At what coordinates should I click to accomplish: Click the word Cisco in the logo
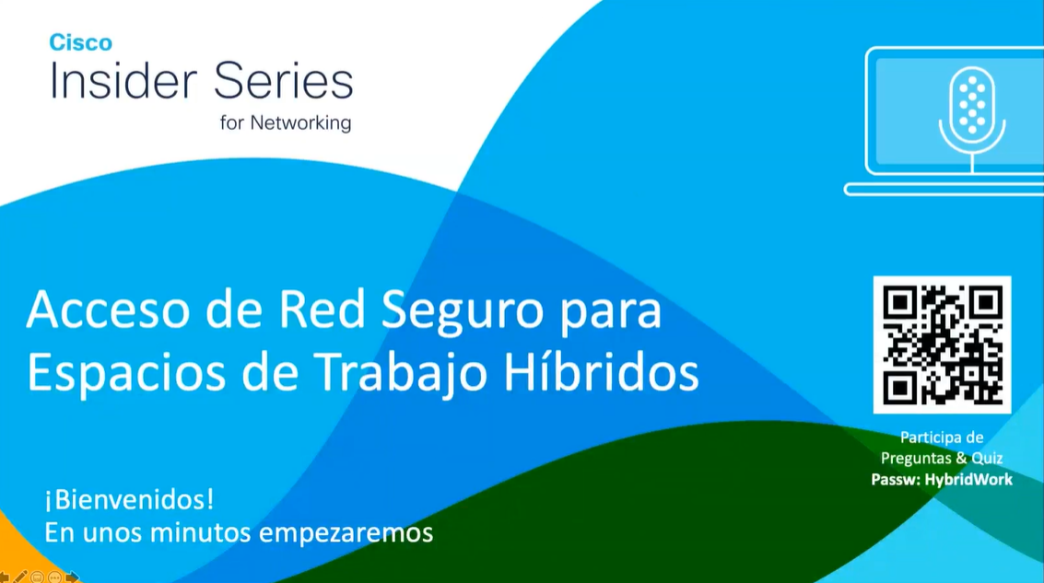coord(81,42)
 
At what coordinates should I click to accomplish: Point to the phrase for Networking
coord(286,122)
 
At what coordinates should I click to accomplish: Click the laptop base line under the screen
coord(944,189)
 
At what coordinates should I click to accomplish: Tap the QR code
coord(942,344)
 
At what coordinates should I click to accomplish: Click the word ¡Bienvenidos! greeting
coord(129,500)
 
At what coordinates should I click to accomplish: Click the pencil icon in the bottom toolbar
coord(20,577)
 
